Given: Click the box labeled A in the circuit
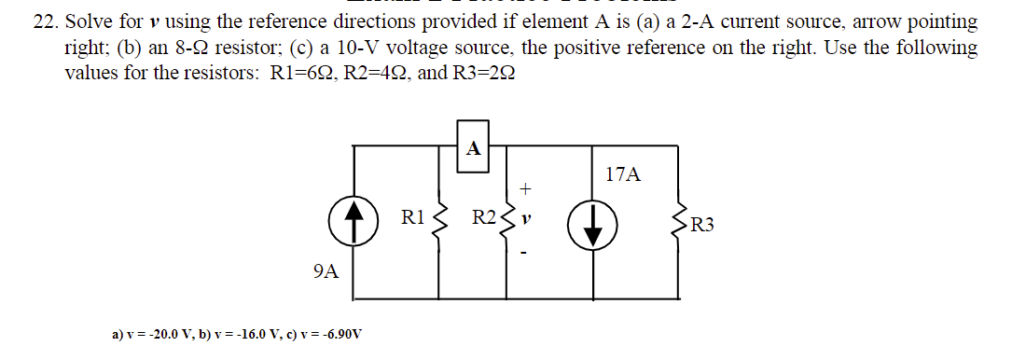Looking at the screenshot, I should [473, 147].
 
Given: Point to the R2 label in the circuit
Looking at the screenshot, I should [483, 219].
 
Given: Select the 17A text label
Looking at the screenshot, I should [622, 174].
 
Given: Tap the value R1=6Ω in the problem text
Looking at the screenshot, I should [296, 74].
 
